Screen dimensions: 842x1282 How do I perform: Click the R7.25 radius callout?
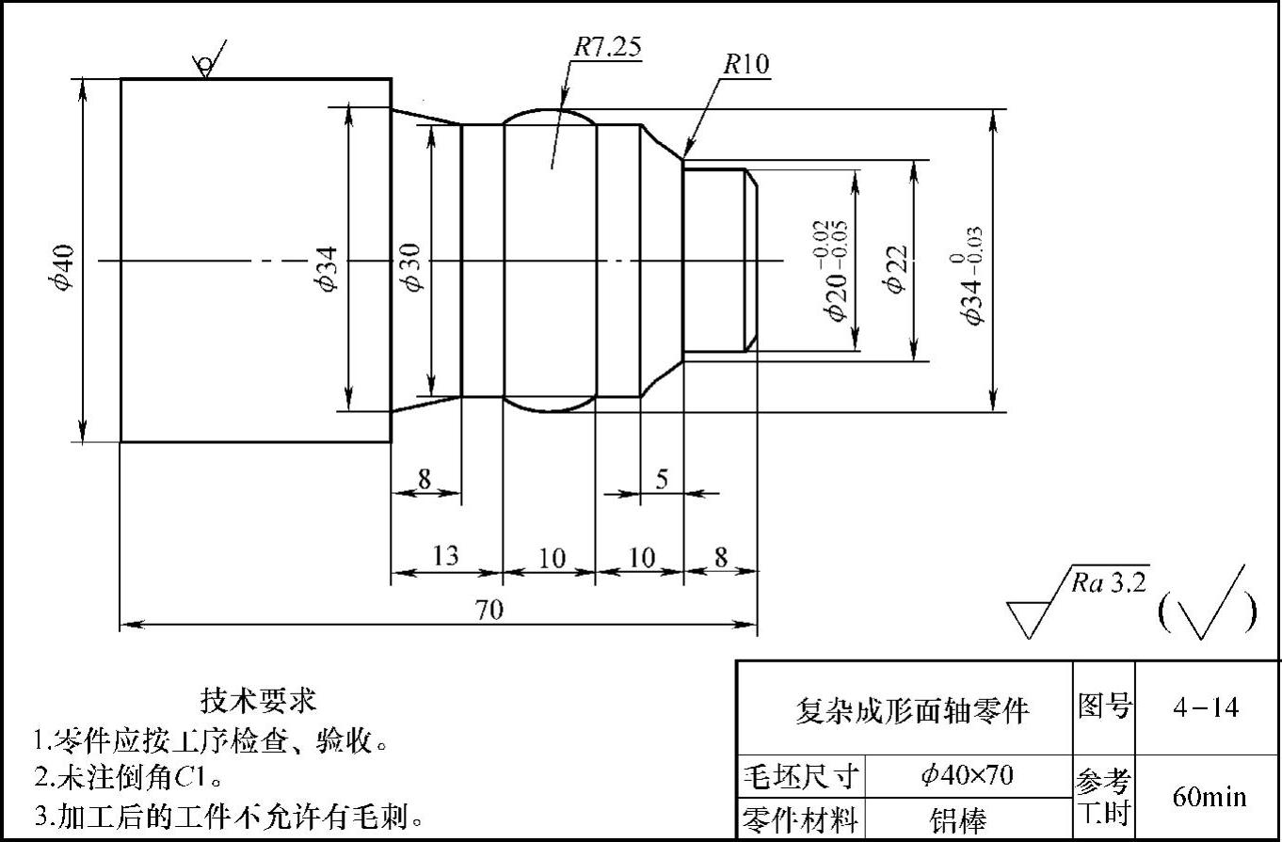[x=608, y=48]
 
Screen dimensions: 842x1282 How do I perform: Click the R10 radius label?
[x=746, y=64]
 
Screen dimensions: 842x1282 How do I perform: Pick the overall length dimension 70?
[x=489, y=610]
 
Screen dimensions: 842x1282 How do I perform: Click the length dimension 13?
[x=444, y=556]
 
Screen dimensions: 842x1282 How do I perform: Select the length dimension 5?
[x=662, y=479]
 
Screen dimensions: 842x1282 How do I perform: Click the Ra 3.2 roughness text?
[x=1109, y=583]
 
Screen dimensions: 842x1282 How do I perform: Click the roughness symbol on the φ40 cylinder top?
[x=206, y=62]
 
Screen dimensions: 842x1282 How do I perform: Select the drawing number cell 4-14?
[x=1207, y=707]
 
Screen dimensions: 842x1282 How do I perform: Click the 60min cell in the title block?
[x=1209, y=798]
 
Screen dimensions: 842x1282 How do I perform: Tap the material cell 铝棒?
[x=959, y=819]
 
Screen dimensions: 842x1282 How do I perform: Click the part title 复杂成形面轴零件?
[x=912, y=710]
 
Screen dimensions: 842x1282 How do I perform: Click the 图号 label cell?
[x=1104, y=707]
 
